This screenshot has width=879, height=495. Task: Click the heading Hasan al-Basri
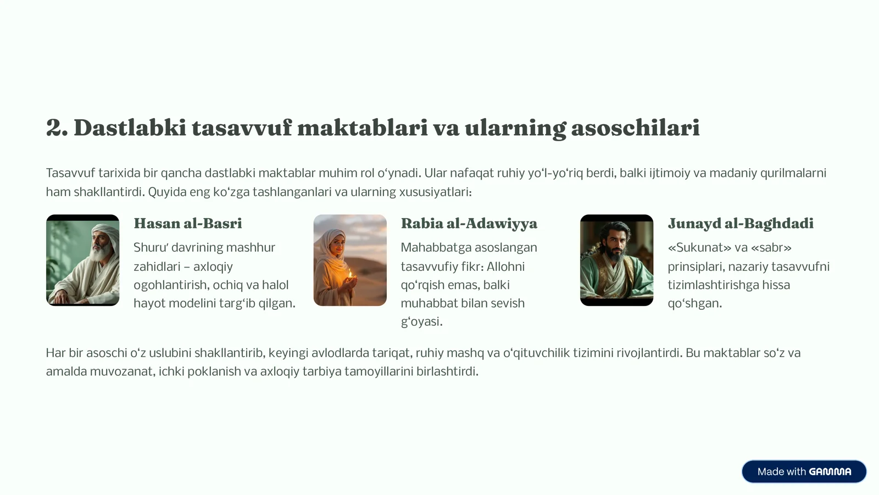187,224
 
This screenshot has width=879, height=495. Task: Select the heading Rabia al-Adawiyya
469,224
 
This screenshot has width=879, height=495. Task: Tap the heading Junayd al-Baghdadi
741,224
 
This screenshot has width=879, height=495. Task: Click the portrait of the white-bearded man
82,260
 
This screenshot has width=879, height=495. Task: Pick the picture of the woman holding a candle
350,260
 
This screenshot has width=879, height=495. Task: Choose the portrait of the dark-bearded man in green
616,260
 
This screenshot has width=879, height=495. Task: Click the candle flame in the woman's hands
350,273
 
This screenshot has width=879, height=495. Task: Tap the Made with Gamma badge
804,471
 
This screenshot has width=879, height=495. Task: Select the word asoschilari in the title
635,128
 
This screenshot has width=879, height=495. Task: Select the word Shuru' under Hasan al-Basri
149,248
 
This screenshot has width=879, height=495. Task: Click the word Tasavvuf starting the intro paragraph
70,173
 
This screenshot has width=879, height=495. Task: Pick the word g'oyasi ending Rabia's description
421,322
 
